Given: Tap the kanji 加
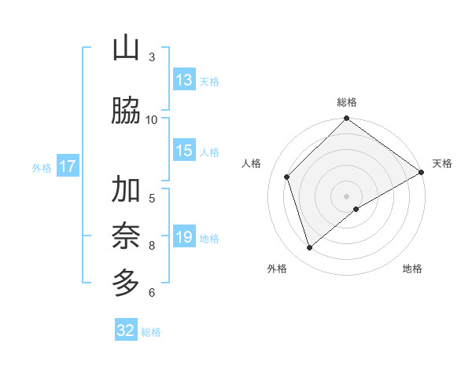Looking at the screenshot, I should click(x=125, y=190).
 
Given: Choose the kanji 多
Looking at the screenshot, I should click(x=125, y=282).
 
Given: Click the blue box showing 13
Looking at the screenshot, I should click(x=184, y=80).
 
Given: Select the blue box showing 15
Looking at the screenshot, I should click(x=184, y=152).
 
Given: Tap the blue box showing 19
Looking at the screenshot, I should click(x=184, y=237).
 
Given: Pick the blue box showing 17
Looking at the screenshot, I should click(x=67, y=166).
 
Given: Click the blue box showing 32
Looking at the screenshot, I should click(x=126, y=331).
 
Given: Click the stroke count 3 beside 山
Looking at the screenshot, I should click(x=152, y=57).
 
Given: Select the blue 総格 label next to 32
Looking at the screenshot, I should click(x=151, y=332).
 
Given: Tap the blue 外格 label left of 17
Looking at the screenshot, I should click(x=41, y=167).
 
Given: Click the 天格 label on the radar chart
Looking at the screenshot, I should click(x=442, y=163).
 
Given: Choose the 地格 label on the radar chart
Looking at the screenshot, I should click(x=412, y=269).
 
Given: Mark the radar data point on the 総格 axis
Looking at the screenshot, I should click(x=346, y=119).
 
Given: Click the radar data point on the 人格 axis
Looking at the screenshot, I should click(x=287, y=177).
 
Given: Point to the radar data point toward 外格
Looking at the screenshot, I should click(x=309, y=247).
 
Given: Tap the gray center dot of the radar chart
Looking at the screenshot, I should click(x=346, y=195).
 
